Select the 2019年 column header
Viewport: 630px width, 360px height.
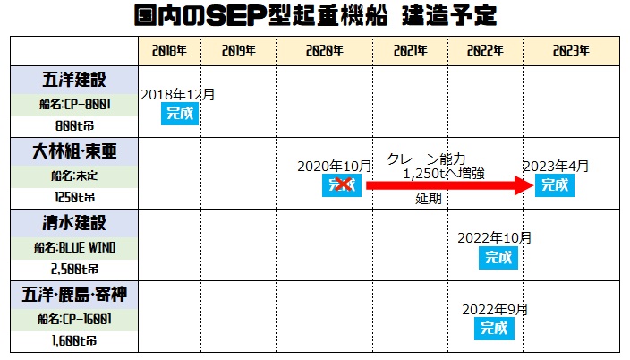click(x=239, y=51)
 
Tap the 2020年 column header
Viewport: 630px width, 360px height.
click(x=324, y=51)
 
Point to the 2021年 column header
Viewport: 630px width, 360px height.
click(x=410, y=51)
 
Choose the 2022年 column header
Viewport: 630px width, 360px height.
click(x=484, y=51)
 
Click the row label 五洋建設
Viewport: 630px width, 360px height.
click(x=74, y=79)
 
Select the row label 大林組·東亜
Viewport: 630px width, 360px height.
click(x=74, y=151)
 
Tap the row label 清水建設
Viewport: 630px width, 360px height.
click(x=74, y=222)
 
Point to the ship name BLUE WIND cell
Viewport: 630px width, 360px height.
click(x=74, y=246)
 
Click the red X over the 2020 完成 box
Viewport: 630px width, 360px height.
click(x=341, y=185)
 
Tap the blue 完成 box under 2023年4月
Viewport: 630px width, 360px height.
click(x=555, y=185)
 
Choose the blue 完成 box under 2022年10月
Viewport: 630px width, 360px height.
click(x=497, y=257)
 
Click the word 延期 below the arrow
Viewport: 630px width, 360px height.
click(x=428, y=199)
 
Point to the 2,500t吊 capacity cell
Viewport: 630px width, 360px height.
click(x=74, y=268)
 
